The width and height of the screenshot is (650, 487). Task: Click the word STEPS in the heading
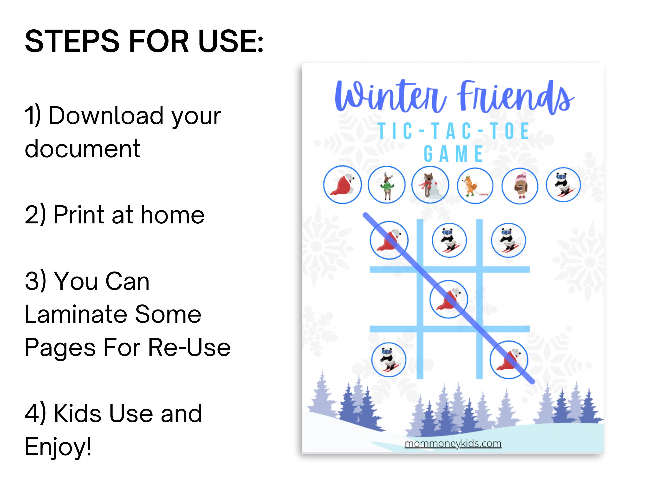pyautogui.click(x=72, y=41)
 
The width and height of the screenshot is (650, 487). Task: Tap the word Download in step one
pyautogui.click(x=106, y=116)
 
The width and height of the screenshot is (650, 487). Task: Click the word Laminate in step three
pyautogui.click(x=76, y=314)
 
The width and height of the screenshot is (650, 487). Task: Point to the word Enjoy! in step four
pyautogui.click(x=58, y=447)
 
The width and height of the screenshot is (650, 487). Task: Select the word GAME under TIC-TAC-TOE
pyautogui.click(x=453, y=154)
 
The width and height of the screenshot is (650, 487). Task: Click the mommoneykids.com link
pyautogui.click(x=453, y=443)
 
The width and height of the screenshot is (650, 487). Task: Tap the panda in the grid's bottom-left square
pyautogui.click(x=389, y=360)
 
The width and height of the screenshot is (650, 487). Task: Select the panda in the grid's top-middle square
pyautogui.click(x=449, y=240)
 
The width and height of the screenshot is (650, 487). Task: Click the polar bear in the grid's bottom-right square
pyautogui.click(x=509, y=360)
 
